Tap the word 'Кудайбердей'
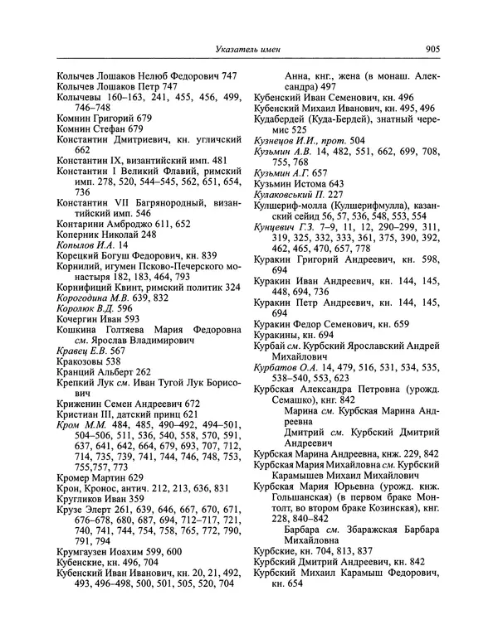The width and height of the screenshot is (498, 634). (292, 119)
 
